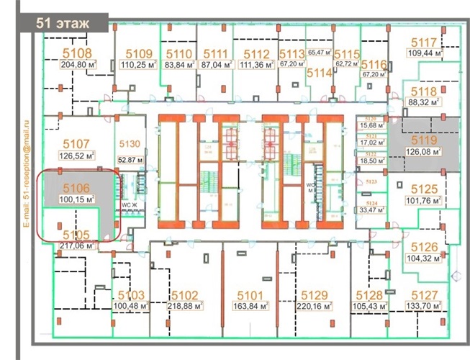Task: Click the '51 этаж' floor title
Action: (x=64, y=23)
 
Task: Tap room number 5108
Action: (x=77, y=53)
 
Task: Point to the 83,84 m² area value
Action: (x=180, y=64)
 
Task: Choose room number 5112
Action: (x=257, y=54)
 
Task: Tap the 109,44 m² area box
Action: (x=424, y=53)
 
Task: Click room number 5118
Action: (x=424, y=91)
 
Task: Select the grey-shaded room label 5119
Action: (x=424, y=141)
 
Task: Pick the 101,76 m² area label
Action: (x=425, y=201)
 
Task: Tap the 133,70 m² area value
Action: (x=424, y=305)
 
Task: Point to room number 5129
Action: (x=315, y=294)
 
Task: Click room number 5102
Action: (x=185, y=294)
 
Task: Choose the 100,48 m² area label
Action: (x=131, y=306)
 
